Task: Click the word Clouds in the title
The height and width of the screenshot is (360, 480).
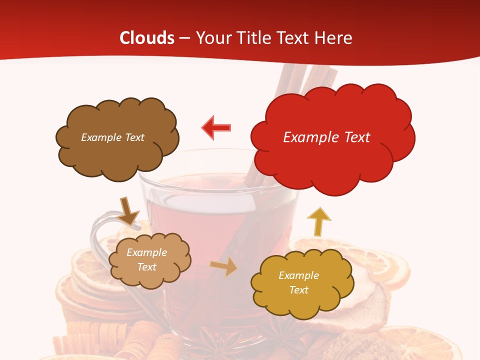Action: [x=146, y=38]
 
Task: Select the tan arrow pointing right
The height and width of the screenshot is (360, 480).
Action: [x=224, y=267]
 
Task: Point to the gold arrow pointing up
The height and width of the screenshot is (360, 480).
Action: [x=318, y=221]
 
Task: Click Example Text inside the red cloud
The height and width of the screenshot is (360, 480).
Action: [x=326, y=137]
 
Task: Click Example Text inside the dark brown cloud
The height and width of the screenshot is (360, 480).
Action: [x=112, y=137]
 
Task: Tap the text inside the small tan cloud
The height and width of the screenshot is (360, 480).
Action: [x=146, y=260]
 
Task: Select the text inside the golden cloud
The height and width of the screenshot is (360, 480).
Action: [x=298, y=282]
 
